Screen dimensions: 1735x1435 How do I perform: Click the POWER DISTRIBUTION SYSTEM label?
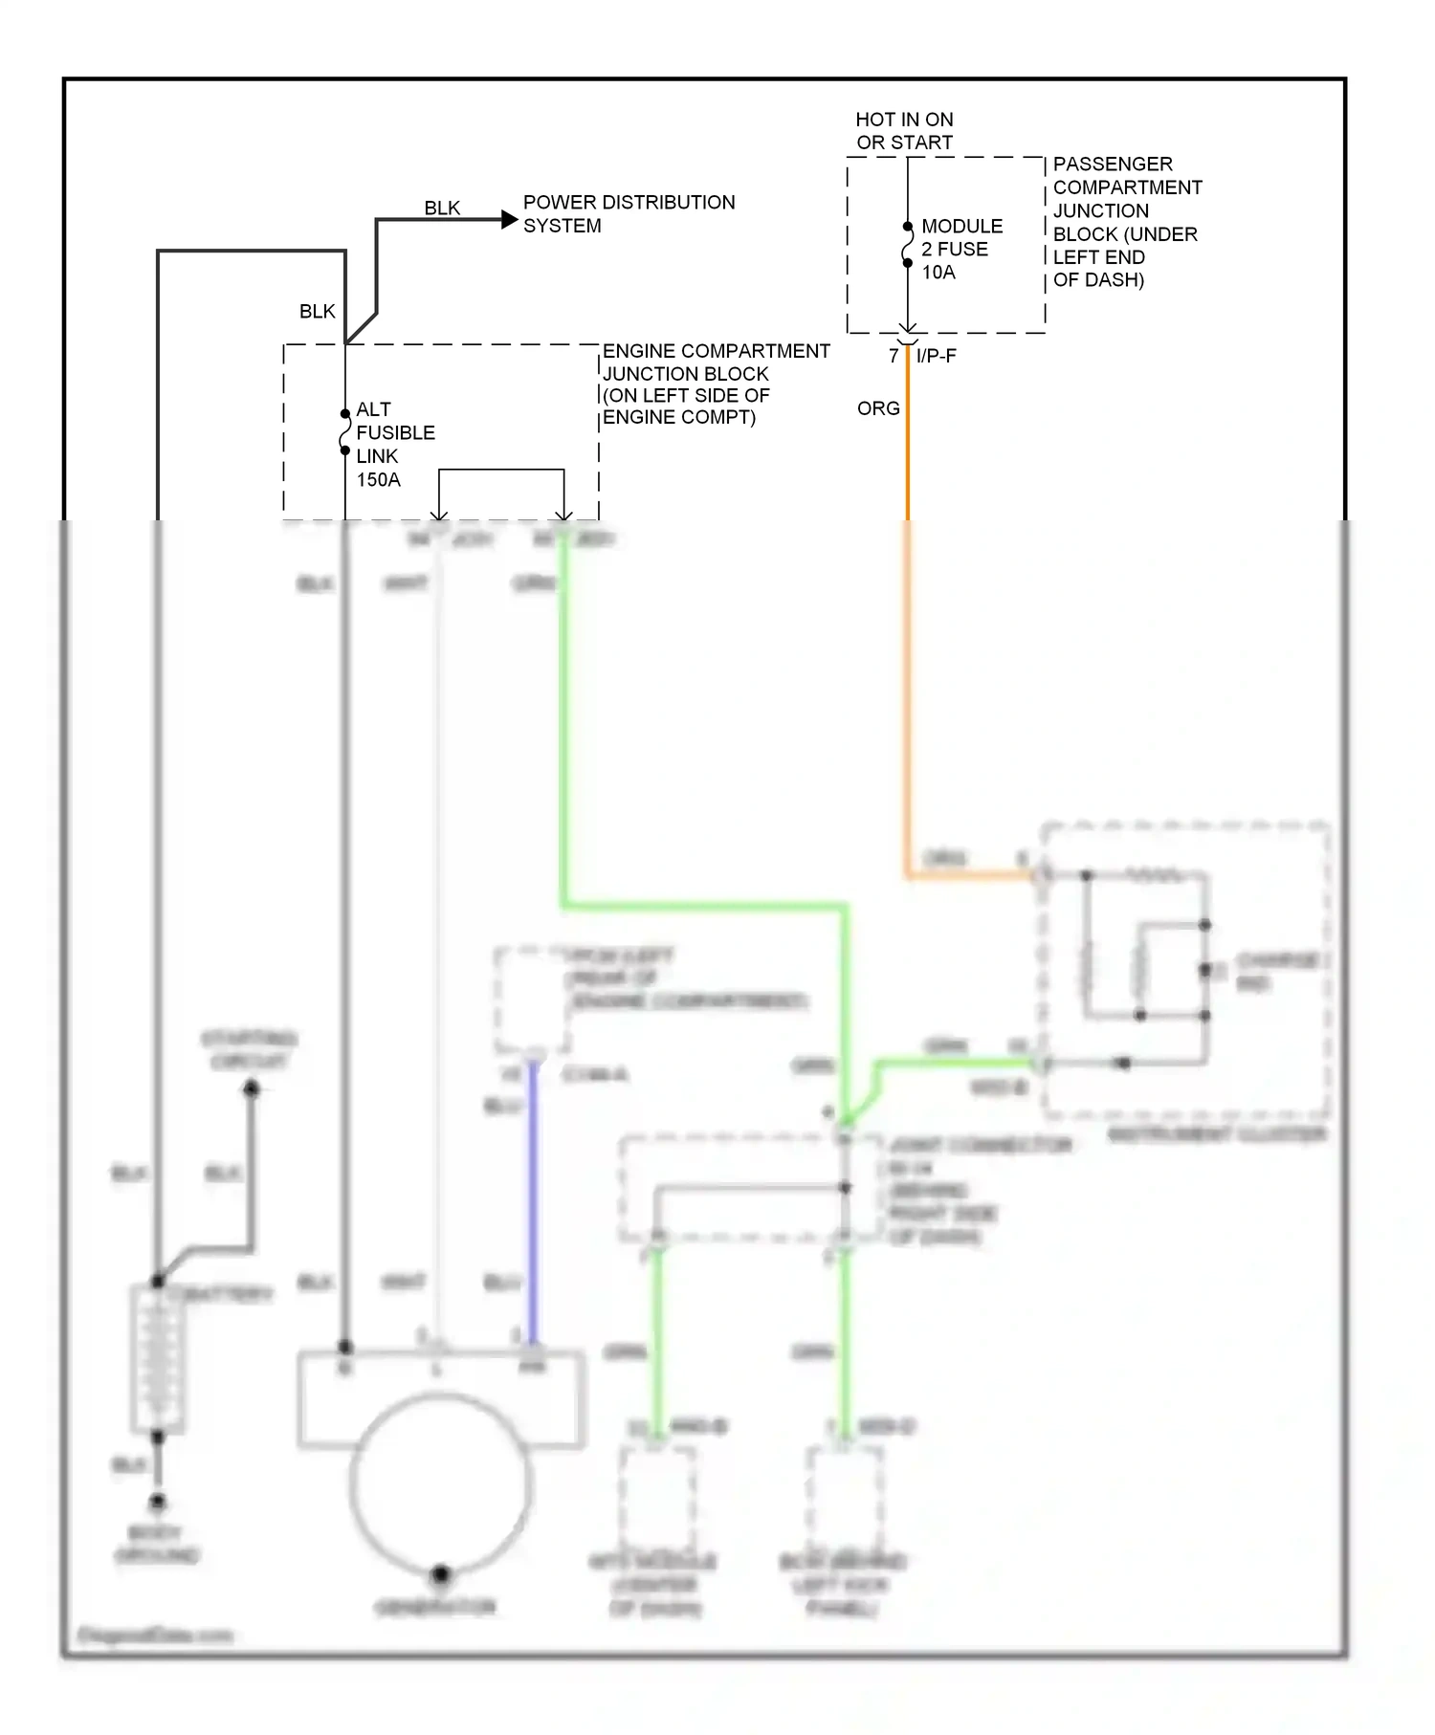coord(629,214)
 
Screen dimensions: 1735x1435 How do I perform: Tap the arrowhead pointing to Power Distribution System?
coord(510,220)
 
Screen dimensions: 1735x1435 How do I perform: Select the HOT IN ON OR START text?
coord(904,131)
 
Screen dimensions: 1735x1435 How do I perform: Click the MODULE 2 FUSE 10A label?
coord(961,249)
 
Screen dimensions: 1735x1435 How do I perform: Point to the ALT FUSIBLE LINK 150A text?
coord(394,444)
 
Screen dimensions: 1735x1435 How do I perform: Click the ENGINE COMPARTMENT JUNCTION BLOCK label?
coord(715,384)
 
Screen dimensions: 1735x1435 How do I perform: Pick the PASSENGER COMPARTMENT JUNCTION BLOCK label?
coord(1126,222)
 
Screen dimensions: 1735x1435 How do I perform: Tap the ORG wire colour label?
coord(878,408)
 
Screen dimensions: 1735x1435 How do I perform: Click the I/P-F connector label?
coord(936,356)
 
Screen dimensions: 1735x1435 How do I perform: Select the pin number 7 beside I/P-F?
coord(894,356)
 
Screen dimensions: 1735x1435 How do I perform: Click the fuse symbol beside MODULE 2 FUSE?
coord(908,245)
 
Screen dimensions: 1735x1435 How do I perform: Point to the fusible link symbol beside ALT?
coord(345,432)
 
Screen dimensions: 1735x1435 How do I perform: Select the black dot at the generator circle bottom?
coord(440,1573)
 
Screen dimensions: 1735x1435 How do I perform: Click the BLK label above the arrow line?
coord(442,208)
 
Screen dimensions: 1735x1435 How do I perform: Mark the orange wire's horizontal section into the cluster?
coord(966,874)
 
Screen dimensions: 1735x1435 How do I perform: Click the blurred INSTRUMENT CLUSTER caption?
coord(1216,1134)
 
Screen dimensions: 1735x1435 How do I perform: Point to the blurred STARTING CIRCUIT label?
coord(249,1049)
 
